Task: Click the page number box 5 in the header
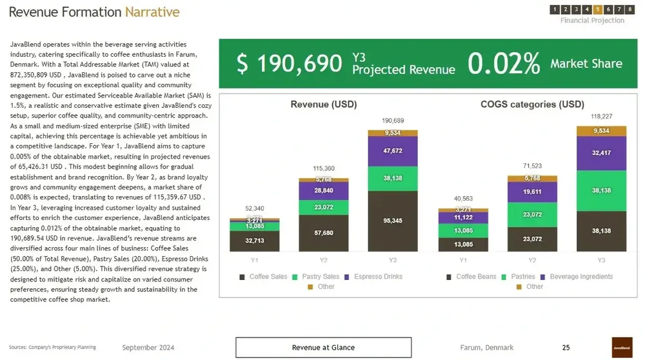pos(598,9)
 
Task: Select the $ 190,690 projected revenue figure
pos(289,63)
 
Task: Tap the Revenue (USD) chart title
pos(323,105)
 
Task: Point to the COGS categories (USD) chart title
pos(532,105)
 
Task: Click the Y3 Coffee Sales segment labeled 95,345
pos(393,221)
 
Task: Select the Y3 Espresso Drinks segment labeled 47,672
pos(393,151)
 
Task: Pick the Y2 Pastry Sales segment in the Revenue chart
pos(324,207)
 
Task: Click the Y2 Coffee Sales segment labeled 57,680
pos(324,233)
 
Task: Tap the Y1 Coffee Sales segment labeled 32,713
pos(254,241)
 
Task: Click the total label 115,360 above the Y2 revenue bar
pos(324,168)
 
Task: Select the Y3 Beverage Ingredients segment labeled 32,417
pos(601,154)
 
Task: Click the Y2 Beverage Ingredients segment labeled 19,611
pos(532,192)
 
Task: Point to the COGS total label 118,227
pos(601,117)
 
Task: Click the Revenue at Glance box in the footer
pos(323,348)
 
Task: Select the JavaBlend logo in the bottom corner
pos(622,347)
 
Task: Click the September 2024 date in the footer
pos(148,348)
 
